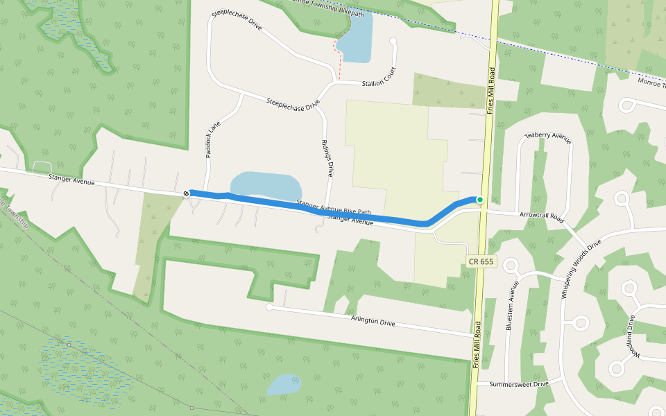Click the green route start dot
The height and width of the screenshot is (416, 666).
479,200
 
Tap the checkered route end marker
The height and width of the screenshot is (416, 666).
187,193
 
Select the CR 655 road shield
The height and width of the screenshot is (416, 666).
480,261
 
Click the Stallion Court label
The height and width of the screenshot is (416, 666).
378,83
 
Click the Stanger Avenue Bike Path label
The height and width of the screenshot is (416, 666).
334,207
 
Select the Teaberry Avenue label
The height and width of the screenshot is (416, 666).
548,137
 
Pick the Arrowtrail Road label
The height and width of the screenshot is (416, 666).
542,216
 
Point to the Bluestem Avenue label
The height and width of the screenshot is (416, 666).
513,306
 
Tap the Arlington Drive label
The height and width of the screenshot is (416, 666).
373,320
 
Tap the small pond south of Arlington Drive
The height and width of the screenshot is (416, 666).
284,385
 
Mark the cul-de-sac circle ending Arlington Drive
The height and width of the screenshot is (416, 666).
269,306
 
